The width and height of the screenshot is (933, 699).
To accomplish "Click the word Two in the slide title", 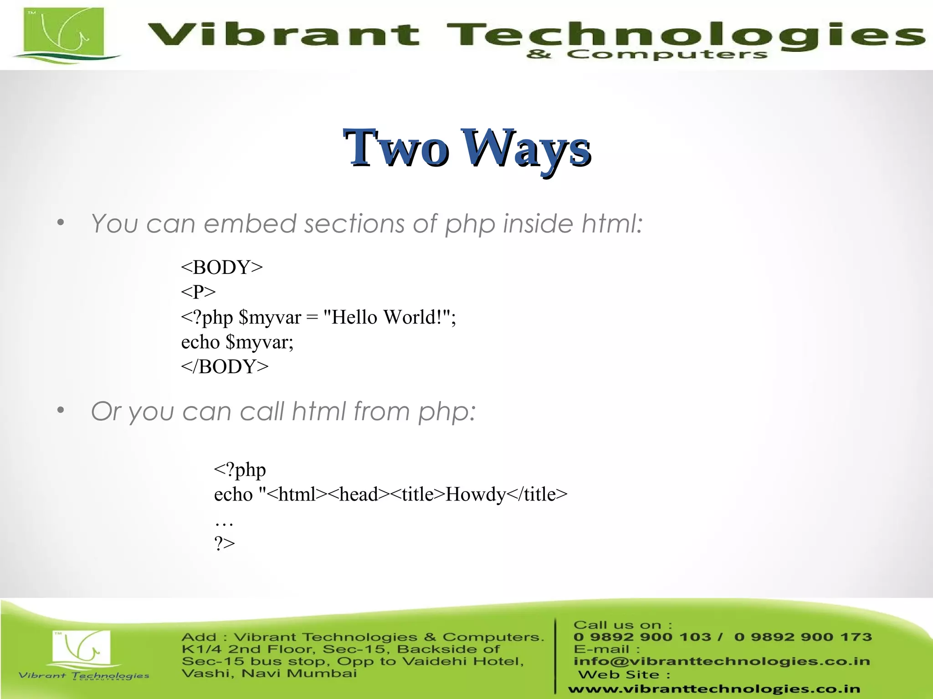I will pos(395,147).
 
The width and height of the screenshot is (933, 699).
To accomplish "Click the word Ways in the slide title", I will pos(526,148).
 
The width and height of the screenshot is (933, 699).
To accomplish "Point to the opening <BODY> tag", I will pos(222,267).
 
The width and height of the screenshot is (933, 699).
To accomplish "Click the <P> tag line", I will pos(198,292).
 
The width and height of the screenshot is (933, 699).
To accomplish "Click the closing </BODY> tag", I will pos(225,366).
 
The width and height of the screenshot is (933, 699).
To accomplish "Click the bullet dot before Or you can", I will pos(61,410).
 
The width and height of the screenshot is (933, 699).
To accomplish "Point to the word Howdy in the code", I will pos(476,494).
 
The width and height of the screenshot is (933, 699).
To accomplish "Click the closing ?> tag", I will pos(225,543).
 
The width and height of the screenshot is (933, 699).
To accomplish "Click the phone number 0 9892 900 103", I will pos(642,637).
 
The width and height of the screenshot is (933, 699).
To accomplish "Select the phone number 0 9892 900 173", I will pos(803,637).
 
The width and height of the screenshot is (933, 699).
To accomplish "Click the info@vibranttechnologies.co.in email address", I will pos(722,661).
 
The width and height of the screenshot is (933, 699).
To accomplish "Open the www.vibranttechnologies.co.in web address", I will pos(714,689).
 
